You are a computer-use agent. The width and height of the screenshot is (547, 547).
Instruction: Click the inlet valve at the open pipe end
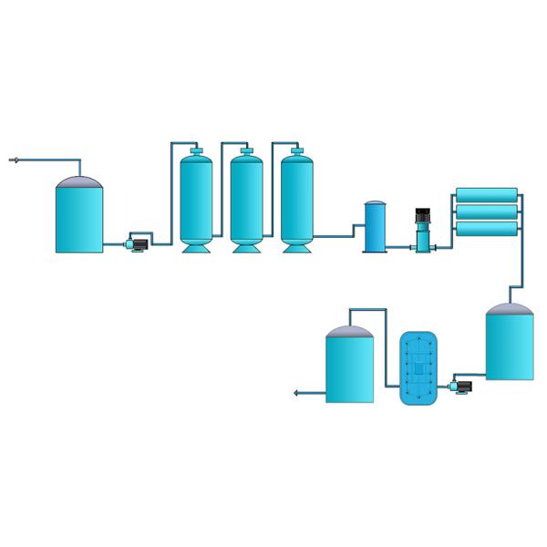14,160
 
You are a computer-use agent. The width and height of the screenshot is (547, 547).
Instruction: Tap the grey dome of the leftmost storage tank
79,182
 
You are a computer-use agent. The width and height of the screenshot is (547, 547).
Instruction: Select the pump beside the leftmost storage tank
139,244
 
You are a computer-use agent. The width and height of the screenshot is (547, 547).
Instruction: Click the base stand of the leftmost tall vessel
196,247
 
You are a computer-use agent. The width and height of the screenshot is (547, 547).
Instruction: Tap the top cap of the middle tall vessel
246,151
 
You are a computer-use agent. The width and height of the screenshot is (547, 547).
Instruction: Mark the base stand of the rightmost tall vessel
296,247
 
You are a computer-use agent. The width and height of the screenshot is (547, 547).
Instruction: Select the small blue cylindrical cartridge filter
375,228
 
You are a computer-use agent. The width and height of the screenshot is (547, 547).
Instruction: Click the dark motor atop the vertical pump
423,216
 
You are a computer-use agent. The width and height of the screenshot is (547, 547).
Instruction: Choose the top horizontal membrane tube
487,194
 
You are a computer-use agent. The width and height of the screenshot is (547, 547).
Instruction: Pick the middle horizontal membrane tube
487,212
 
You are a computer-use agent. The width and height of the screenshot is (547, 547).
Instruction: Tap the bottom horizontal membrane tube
487,229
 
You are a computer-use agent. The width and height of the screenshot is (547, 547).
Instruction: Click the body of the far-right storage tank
510,346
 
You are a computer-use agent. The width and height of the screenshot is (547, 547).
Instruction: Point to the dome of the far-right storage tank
510,309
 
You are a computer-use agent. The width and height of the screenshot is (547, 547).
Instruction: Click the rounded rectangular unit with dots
419,368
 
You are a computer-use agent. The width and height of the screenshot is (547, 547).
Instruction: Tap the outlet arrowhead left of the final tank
297,393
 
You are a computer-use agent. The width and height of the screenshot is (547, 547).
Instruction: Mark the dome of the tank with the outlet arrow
350,332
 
